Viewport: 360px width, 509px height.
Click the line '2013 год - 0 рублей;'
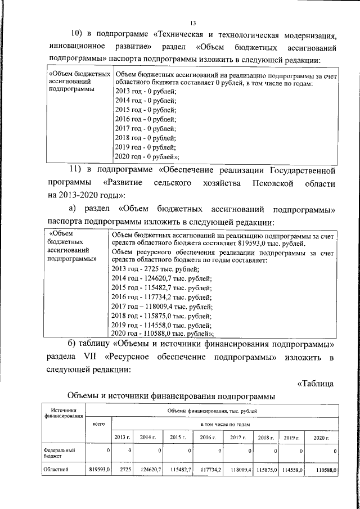(x=145, y=91)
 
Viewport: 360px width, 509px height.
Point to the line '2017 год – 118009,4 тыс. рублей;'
(x=163, y=307)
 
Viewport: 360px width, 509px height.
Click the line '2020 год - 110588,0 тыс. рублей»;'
(x=164, y=334)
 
